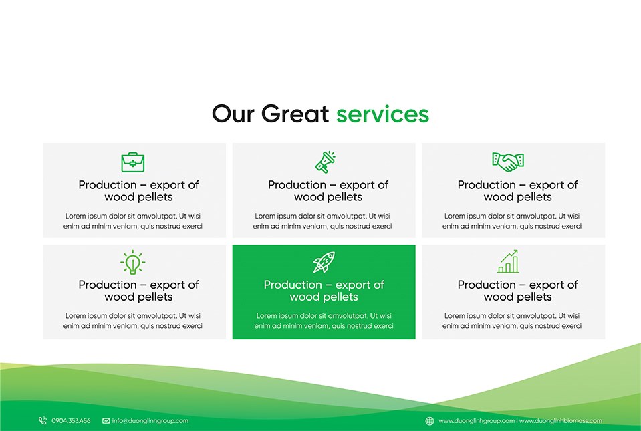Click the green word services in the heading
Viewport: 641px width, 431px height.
pos(382,114)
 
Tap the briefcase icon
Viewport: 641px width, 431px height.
pos(133,162)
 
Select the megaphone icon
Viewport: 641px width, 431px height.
pos(326,162)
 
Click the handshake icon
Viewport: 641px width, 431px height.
pos(508,162)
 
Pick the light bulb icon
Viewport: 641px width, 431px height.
pos(133,262)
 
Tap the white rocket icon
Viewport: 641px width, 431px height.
pos(324,262)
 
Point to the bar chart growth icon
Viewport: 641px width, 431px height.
pos(508,261)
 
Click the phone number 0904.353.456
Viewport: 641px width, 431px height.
pos(71,421)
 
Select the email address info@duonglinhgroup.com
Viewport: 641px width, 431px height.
pos(150,421)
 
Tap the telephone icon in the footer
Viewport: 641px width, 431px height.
pos(43,420)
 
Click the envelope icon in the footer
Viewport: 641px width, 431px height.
pos(106,421)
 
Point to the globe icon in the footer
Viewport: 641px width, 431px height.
pos(430,421)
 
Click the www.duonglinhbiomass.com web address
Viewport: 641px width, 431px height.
pos(561,421)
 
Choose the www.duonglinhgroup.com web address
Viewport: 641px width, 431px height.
pos(477,421)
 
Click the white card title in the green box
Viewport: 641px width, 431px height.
pos(324,291)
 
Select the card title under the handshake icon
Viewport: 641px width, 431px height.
pos(517,191)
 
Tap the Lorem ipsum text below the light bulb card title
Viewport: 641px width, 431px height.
pos(133,321)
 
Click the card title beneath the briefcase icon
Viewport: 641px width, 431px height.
pos(138,191)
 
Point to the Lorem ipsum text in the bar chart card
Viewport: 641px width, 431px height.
pos(512,321)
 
